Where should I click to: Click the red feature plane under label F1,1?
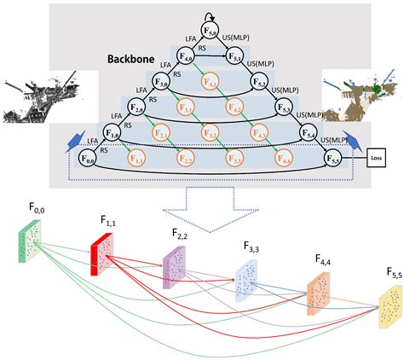(x=102, y=257)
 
